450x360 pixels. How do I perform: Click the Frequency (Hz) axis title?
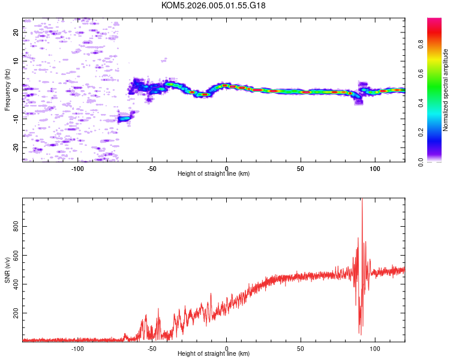click(7, 90)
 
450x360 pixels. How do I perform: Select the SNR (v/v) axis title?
click(7, 270)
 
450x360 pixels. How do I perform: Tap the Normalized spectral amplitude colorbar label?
click(445, 90)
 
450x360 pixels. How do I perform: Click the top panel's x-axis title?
click(214, 173)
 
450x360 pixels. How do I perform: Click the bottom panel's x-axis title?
click(214, 353)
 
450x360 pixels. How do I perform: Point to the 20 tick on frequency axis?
click(16, 32)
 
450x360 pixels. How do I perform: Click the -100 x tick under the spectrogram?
click(77, 168)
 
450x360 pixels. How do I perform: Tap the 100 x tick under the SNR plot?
click(375, 348)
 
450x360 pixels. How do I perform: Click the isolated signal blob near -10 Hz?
click(124, 118)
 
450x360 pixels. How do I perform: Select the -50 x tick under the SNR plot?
click(152, 348)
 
